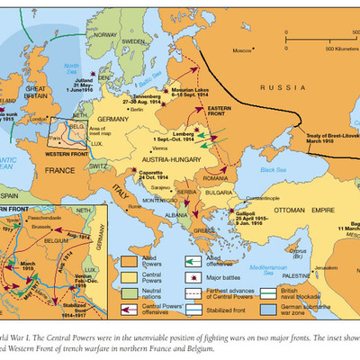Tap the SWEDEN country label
(x=137, y=41)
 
